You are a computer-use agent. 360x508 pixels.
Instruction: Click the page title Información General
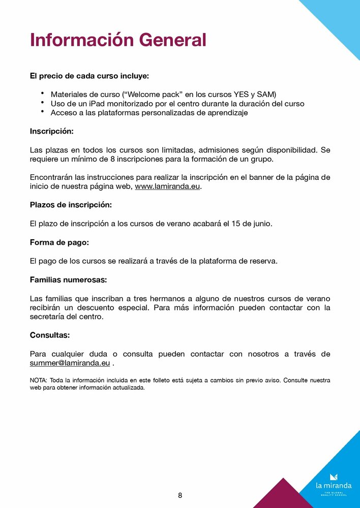pos(118,40)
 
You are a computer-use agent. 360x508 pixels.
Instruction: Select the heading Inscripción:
pos(52,132)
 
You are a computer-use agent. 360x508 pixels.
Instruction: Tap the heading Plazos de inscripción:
pos(71,205)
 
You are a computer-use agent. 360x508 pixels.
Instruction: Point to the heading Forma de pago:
pos(59,242)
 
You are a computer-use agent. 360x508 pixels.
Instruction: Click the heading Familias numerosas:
pos(68,280)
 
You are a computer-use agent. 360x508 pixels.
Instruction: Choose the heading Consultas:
pos(50,335)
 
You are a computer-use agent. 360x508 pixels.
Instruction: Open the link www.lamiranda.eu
pos(168,186)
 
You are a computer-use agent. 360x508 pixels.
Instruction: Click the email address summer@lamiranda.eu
pos(70,363)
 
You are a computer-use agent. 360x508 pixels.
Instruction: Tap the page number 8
pos(180,495)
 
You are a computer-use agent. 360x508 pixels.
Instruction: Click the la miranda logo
pos(334,483)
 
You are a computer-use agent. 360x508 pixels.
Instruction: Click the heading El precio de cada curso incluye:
pos(89,76)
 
